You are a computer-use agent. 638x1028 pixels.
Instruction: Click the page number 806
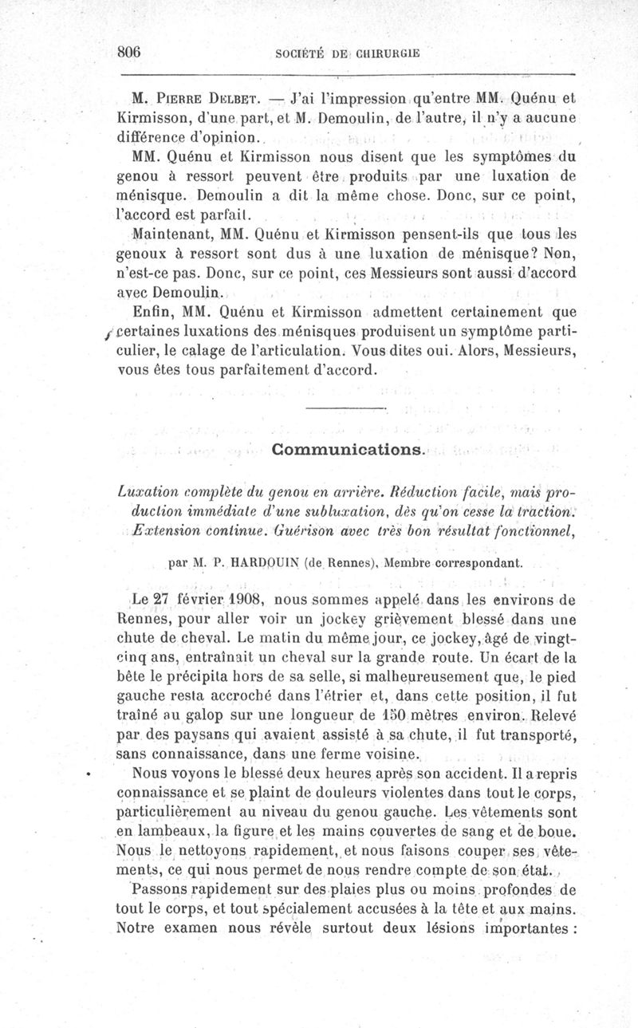pyautogui.click(x=129, y=52)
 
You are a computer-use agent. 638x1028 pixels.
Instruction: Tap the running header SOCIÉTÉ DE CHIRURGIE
pyautogui.click(x=347, y=53)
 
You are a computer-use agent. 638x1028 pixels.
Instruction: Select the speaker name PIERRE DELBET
pyautogui.click(x=209, y=100)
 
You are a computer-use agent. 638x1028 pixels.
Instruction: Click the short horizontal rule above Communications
pyautogui.click(x=346, y=409)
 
